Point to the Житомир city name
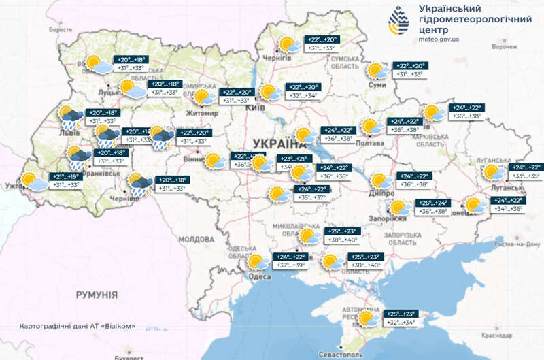point(198,113)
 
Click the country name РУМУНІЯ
point(97,295)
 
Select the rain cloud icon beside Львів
point(69,117)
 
